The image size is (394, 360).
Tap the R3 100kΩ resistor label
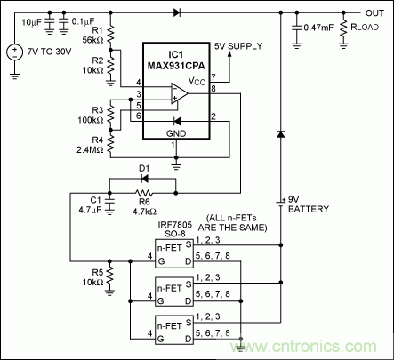pyautogui.click(x=89, y=114)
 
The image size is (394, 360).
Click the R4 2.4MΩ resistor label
pyautogui.click(x=88, y=143)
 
